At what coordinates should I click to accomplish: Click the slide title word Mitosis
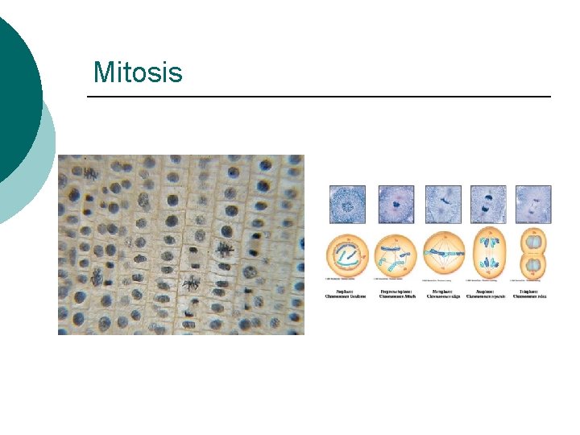(138, 72)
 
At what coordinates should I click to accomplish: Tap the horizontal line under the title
(318, 97)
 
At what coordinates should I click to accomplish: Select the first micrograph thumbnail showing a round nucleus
(347, 204)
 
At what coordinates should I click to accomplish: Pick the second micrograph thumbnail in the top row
(395, 204)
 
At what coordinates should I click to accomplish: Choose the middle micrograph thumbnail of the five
(443, 204)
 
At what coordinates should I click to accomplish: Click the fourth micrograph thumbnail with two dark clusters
(488, 204)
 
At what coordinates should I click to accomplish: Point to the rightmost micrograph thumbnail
(533, 204)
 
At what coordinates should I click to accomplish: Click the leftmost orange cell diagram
(347, 255)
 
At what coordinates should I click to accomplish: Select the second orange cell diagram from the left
(395, 255)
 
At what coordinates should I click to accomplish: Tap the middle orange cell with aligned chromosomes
(443, 255)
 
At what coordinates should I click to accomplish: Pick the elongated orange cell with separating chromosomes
(488, 255)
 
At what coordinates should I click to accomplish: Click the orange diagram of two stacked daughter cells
(533, 255)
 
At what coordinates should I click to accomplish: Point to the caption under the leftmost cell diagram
(347, 294)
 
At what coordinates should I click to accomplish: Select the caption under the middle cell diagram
(443, 294)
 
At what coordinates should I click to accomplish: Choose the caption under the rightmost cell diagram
(533, 294)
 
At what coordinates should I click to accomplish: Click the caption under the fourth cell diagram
(488, 294)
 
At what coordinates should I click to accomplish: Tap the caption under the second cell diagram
(395, 294)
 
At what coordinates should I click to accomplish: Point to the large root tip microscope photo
(181, 244)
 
